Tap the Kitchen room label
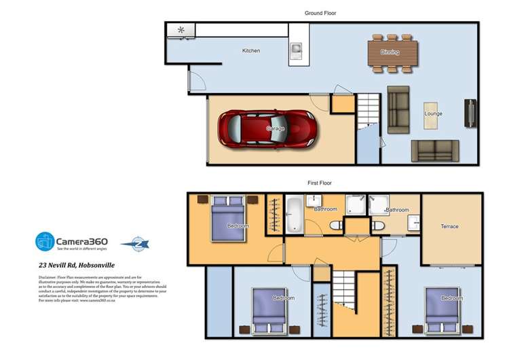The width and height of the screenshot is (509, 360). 251,51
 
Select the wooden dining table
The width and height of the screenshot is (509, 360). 390,52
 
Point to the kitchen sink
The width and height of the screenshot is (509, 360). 297,50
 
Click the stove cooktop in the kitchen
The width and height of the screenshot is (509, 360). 181,30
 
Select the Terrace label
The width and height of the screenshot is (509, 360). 449,226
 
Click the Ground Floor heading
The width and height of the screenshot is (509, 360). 320,13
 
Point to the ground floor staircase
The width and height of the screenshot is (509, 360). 369,109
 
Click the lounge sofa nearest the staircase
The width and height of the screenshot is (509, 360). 398,109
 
